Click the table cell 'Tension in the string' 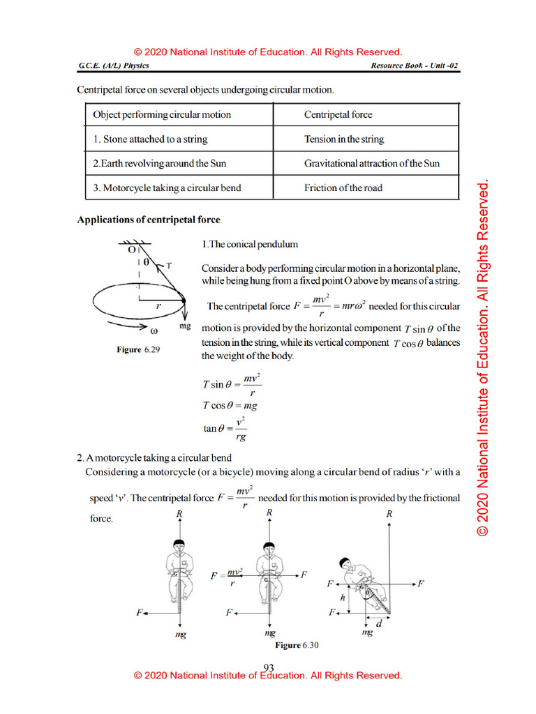[343, 139]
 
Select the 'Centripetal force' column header [338, 114]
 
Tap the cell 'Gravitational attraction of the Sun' [371, 164]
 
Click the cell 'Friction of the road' [343, 188]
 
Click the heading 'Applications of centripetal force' [148, 220]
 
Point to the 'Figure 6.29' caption [138, 350]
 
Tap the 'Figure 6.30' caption [297, 646]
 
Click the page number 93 [269, 667]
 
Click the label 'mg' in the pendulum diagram [185, 326]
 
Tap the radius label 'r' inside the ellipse [158, 305]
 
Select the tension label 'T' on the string [170, 266]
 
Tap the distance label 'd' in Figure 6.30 [379, 624]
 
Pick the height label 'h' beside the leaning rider [342, 598]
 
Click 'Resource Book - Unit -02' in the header [415, 66]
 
